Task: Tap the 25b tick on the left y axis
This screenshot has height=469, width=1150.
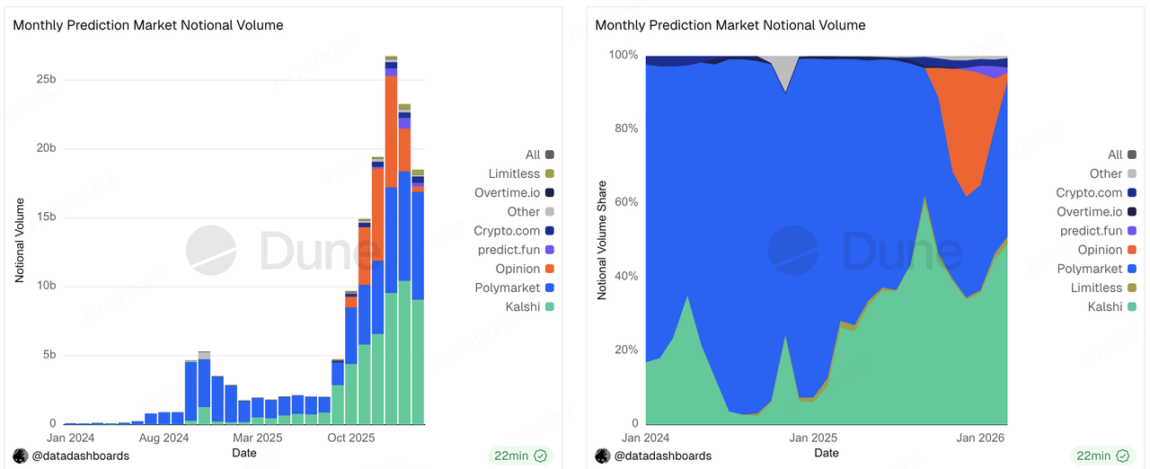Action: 45,79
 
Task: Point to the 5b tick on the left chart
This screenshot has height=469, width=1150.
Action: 49,355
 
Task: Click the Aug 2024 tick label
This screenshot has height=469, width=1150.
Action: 164,438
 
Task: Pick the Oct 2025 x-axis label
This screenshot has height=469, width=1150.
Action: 349,438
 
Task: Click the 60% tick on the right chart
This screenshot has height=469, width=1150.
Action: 625,202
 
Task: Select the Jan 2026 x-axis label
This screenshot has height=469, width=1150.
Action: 978,438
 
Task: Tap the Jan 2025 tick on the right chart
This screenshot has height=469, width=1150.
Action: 812,438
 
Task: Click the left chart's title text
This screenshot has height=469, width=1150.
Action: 148,25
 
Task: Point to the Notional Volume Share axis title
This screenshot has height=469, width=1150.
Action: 602,240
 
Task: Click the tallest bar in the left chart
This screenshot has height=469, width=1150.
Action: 391,243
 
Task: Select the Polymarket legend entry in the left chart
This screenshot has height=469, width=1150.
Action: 508,288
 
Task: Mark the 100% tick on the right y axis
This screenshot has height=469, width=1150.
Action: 623,55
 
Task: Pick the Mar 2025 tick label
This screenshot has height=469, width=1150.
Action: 257,438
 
